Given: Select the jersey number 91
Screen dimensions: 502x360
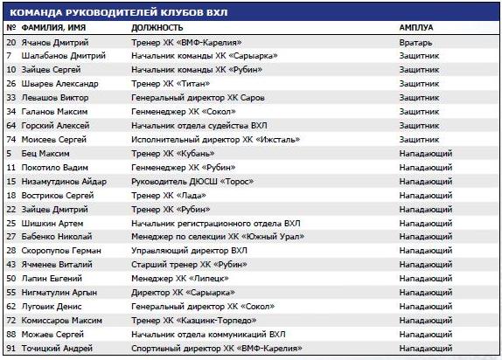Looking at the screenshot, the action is (11, 350).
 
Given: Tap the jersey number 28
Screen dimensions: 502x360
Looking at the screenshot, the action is (11, 252).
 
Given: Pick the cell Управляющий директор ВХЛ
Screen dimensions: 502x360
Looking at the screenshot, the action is (183, 252).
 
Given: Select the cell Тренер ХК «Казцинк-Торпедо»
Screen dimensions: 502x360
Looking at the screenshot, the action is (188, 322).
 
